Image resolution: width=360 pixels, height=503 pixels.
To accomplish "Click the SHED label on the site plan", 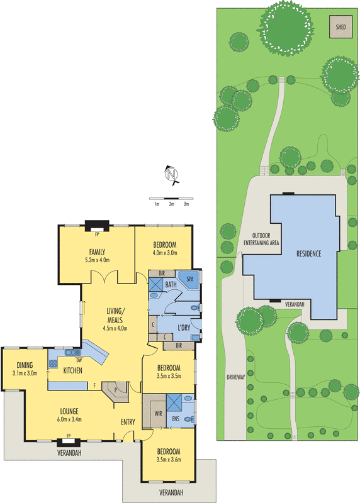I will pyautogui.click(x=340, y=27).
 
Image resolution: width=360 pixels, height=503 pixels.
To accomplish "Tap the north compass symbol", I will pyautogui.click(x=170, y=174).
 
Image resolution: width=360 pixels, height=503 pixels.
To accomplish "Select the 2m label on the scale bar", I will pyautogui.click(x=171, y=204).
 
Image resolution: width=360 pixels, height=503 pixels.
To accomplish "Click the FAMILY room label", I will pyautogui.click(x=97, y=251).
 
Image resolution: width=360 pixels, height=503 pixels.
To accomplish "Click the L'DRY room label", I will pyautogui.click(x=184, y=327).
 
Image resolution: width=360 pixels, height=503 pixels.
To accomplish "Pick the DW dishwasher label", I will pyautogui.click(x=80, y=360).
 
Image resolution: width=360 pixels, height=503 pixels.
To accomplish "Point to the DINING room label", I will pyautogui.click(x=25, y=365).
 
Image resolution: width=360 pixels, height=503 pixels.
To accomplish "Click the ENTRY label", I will pyautogui.click(x=128, y=422).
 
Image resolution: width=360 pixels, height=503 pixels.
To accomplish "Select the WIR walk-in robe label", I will pyautogui.click(x=158, y=415).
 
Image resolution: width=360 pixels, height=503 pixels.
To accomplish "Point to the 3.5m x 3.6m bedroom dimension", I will pyautogui.click(x=169, y=460).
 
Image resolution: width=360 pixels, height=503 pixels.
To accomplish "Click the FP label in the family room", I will pyautogui.click(x=97, y=234).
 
